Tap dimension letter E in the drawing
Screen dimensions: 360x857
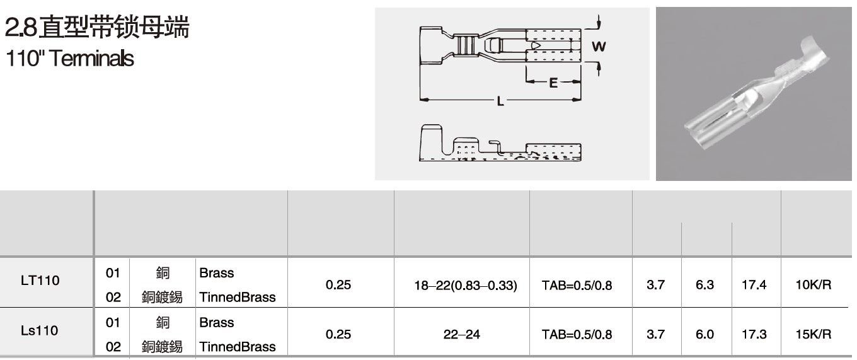[553, 83]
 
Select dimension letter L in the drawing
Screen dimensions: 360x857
[500, 101]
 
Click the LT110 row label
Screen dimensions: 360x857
[40, 281]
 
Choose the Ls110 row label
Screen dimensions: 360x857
[40, 330]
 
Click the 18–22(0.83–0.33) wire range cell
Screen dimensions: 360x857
[466, 285]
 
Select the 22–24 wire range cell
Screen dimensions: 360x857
[461, 334]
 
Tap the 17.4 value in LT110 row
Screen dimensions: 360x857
[754, 285]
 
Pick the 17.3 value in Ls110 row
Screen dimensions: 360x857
[754, 334]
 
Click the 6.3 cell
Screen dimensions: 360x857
[705, 285]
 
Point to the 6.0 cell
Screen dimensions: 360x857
[705, 334]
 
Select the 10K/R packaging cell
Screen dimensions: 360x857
[814, 285]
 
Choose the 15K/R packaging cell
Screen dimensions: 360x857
[814, 334]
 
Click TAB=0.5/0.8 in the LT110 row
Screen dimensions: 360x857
[577, 285]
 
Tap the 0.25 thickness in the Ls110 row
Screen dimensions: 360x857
[338, 334]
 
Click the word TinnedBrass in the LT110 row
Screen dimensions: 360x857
[238, 297]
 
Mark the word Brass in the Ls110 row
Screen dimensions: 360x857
[216, 322]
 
